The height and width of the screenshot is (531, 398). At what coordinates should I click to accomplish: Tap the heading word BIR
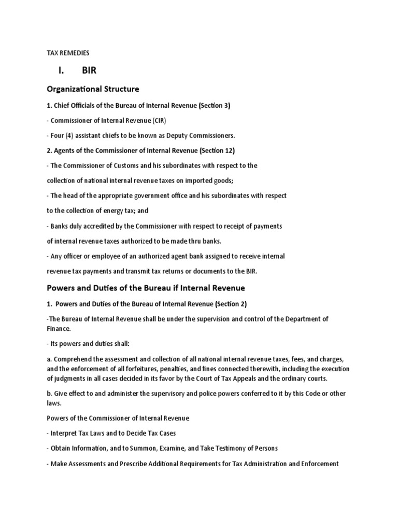(x=89, y=71)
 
